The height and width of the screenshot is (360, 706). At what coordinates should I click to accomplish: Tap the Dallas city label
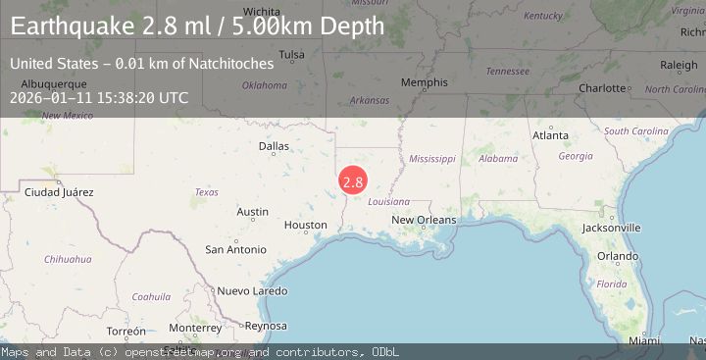(x=274, y=146)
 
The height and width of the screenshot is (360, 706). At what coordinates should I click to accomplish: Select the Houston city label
(x=305, y=225)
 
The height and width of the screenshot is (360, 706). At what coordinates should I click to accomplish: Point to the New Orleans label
(x=424, y=220)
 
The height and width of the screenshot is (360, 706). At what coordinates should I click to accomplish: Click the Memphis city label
(x=424, y=82)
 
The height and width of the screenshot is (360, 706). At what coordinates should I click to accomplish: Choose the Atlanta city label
(x=549, y=135)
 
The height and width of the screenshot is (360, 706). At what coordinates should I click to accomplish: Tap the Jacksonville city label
(x=610, y=228)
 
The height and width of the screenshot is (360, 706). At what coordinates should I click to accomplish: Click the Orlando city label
(x=618, y=256)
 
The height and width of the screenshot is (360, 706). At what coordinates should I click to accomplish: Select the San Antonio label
(x=234, y=249)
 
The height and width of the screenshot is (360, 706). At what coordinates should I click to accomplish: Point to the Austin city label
(x=252, y=212)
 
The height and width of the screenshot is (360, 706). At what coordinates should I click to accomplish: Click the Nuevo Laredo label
(x=252, y=291)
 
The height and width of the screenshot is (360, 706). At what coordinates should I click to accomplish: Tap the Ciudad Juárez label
(x=59, y=191)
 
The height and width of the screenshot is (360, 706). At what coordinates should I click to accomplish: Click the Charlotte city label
(x=601, y=88)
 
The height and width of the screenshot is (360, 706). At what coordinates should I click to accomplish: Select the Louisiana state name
(x=388, y=201)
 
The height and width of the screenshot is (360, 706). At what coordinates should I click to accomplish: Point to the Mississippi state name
(x=432, y=158)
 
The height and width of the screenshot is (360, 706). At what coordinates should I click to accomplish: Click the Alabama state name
(x=498, y=158)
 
